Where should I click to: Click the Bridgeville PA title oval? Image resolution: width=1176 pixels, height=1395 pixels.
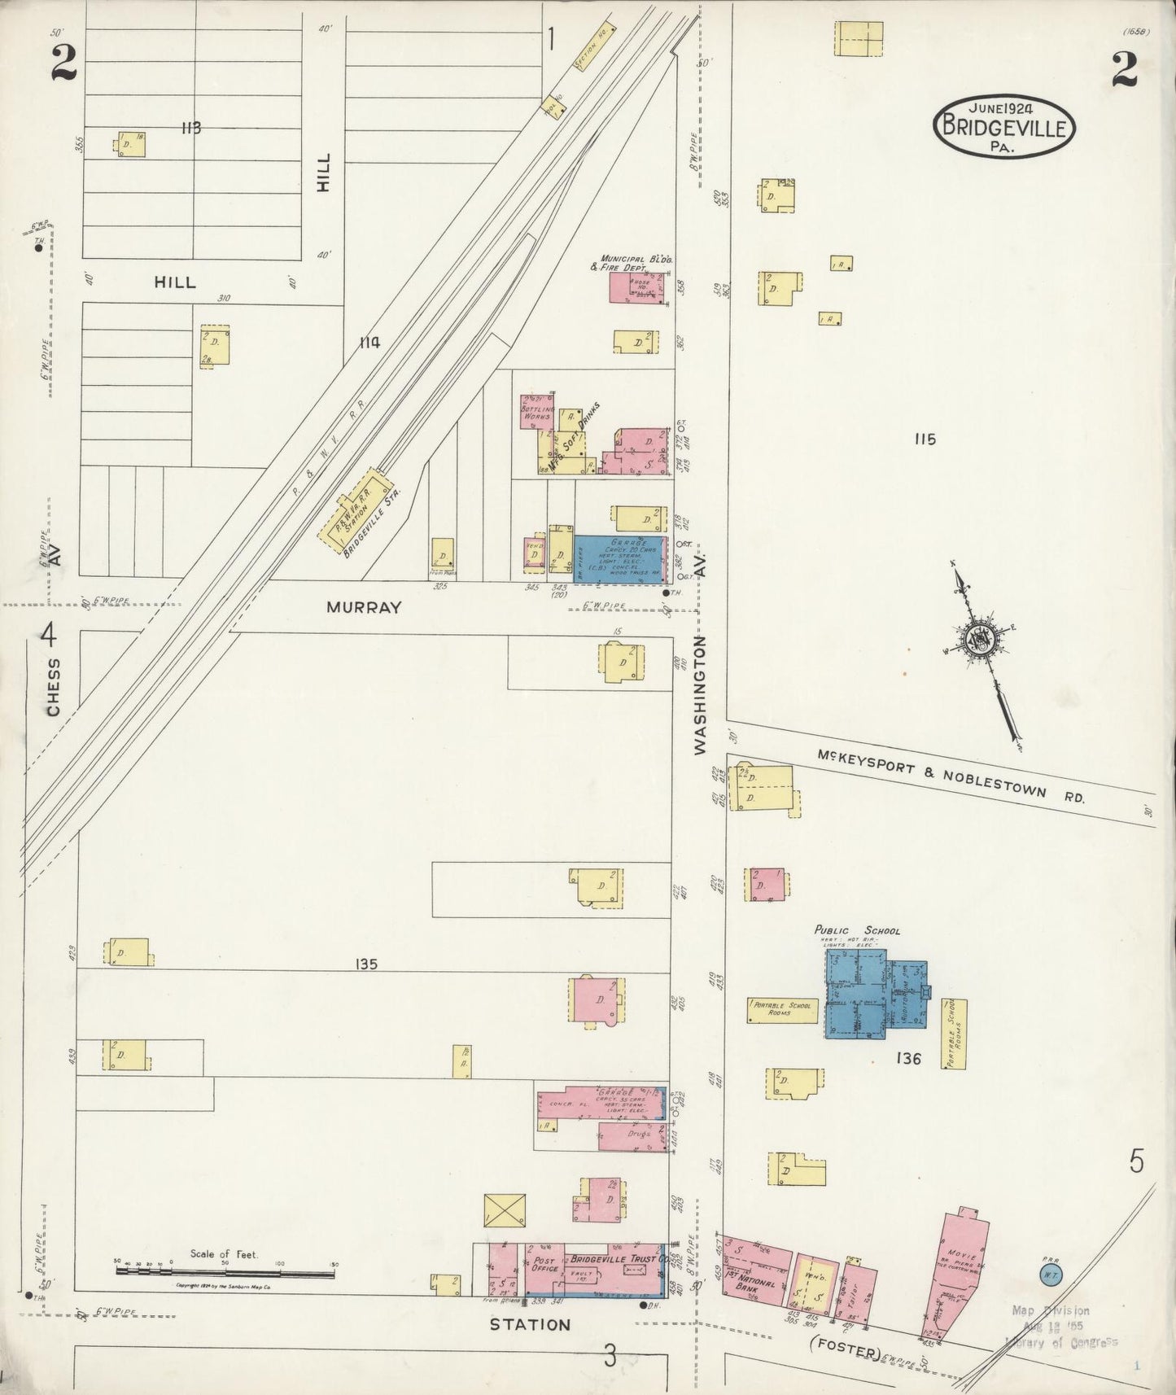click(1004, 126)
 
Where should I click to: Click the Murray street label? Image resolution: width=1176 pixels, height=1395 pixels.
click(364, 607)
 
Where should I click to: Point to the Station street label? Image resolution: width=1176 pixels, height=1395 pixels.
click(530, 1325)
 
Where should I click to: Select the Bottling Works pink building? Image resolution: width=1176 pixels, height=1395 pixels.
click(537, 412)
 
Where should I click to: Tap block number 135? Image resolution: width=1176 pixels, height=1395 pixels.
click(366, 964)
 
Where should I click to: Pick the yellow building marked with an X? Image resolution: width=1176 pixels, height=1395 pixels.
click(504, 1210)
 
